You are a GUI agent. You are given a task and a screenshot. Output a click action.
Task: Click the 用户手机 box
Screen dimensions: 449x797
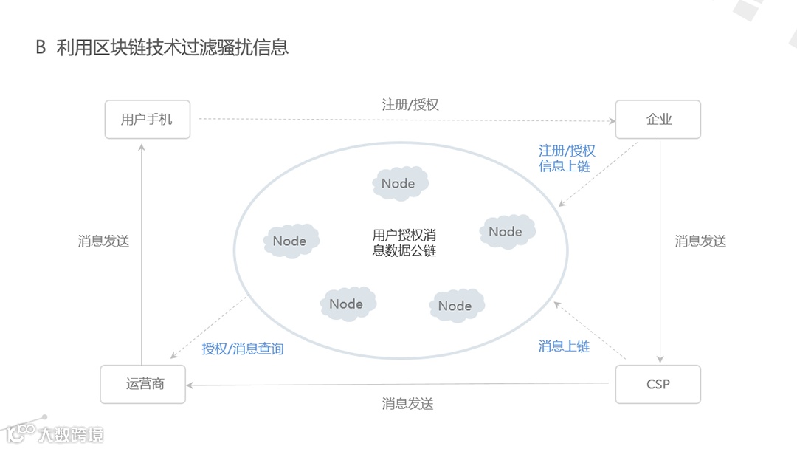pos(148,119)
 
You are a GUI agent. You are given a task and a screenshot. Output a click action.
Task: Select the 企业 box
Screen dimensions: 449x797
pos(658,119)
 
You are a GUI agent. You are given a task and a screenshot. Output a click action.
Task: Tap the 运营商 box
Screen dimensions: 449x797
pos(144,384)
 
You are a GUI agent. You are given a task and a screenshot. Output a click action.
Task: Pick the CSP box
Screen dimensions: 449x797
pos(658,384)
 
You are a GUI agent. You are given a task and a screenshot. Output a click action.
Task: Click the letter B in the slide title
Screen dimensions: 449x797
pos(41,48)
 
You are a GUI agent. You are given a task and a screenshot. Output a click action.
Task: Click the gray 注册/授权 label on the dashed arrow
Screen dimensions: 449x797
pos(410,104)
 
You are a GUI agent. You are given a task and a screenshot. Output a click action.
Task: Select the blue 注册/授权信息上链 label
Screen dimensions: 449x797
pos(566,158)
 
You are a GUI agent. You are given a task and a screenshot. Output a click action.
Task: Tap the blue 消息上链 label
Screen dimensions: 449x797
pos(564,346)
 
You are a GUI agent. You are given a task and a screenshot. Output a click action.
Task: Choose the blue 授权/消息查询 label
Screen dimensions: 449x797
pos(243,349)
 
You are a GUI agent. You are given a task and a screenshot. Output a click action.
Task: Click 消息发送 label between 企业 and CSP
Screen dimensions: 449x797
pos(700,241)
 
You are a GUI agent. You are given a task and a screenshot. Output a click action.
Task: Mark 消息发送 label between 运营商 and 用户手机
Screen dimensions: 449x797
pos(103,241)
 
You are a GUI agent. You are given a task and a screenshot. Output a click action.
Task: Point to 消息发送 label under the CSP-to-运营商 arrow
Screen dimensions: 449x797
pos(407,404)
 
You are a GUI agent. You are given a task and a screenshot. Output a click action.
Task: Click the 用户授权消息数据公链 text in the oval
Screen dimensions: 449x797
pos(404,243)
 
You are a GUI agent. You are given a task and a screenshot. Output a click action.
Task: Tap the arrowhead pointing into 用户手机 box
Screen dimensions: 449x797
pos(142,147)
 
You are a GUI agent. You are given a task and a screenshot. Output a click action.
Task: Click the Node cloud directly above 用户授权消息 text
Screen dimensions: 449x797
pos(399,184)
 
